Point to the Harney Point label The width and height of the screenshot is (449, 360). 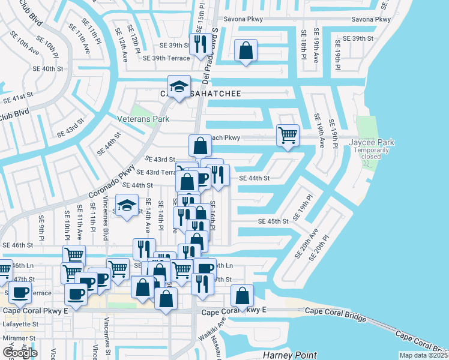click(x=285, y=355)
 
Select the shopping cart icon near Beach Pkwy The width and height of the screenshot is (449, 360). click(x=288, y=135)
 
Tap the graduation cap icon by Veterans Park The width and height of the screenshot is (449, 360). click(x=179, y=87)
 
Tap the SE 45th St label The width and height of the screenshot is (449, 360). click(x=273, y=221)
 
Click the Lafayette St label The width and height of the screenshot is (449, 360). click(x=20, y=323)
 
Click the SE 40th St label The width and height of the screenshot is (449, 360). click(x=49, y=69)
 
